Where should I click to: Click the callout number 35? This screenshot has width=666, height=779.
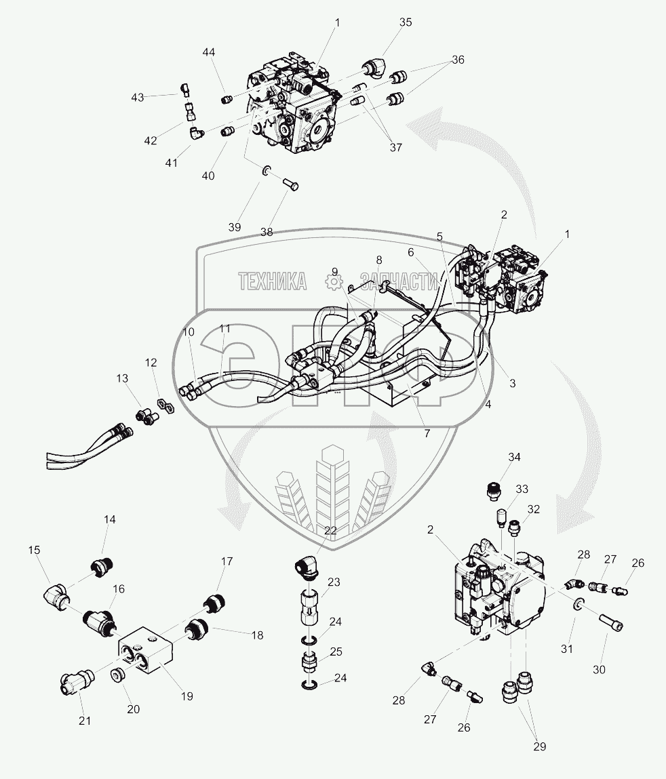click(405, 22)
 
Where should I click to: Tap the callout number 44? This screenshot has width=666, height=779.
click(209, 53)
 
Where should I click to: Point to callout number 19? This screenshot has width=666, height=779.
click(187, 696)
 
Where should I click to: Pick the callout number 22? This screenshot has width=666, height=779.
click(330, 531)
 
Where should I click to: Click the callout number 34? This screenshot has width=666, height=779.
click(515, 457)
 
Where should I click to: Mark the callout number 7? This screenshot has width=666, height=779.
click(427, 433)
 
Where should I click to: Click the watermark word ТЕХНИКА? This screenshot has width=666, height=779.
click(272, 280)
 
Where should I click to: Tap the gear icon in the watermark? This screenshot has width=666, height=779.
click(332, 280)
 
